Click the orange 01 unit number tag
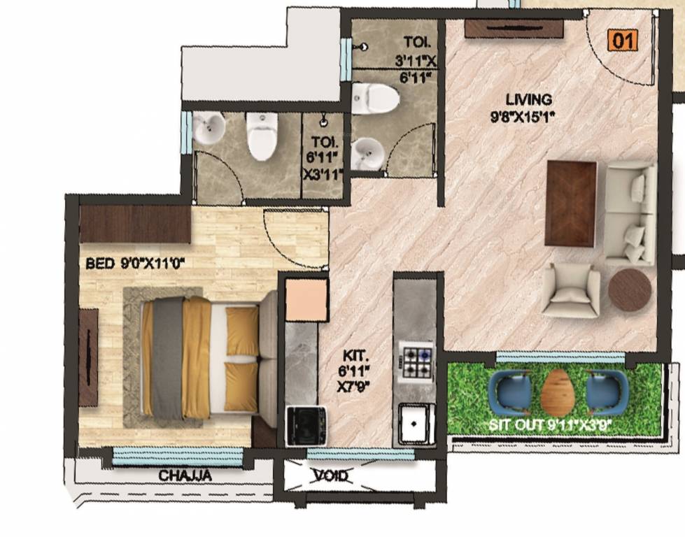621,41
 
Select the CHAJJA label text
185,476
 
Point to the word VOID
331,477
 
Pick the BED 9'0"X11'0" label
134,264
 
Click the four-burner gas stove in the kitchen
416,361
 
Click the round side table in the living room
629,289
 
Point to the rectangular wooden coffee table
571,203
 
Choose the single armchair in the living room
570,290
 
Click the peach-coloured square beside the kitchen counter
306,300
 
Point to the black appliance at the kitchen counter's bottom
306,424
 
